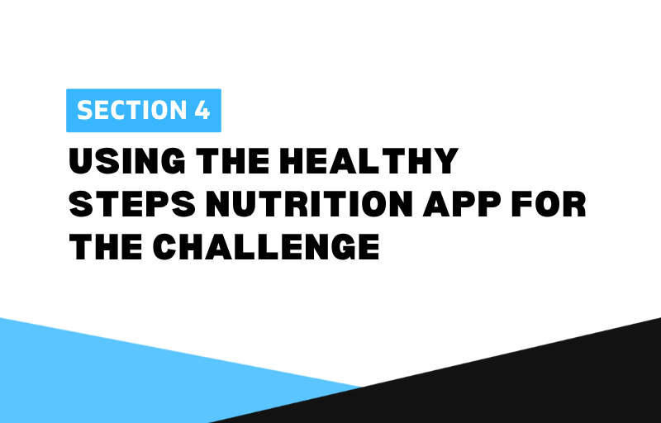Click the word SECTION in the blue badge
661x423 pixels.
[131, 111]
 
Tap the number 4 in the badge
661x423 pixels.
[202, 111]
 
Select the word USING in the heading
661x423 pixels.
[127, 161]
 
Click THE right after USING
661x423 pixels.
[233, 161]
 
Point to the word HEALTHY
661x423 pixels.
[369, 161]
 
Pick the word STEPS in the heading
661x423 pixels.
[132, 204]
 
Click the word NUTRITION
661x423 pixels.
[310, 204]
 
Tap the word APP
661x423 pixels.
[462, 204]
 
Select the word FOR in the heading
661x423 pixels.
[549, 204]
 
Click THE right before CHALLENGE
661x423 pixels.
[106, 247]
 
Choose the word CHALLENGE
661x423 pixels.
[266, 247]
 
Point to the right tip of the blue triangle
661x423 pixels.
[361, 386]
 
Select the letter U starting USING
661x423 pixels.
[81, 161]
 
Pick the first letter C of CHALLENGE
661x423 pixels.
[164, 247]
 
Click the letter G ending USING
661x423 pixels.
[173, 161]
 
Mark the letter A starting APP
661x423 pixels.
[437, 204]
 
